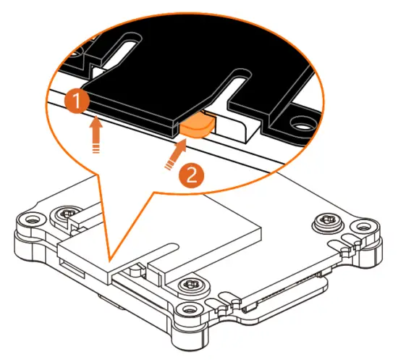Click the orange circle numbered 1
point(75,100)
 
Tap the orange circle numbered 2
point(189,174)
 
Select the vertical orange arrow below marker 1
point(96,135)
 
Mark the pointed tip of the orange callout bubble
point(109,259)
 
